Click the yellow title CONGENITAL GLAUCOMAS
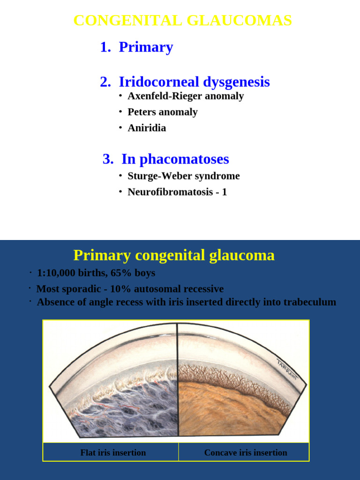pyautogui.click(x=183, y=21)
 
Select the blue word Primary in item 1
pyautogui.click(x=146, y=47)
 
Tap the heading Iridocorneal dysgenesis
pyautogui.click(x=194, y=82)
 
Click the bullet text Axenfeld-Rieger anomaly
pyautogui.click(x=186, y=96)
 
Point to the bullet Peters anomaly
pyautogui.click(x=163, y=112)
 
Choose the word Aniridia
pyautogui.click(x=147, y=128)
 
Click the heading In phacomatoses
pyautogui.click(x=175, y=159)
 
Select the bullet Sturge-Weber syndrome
pyautogui.click(x=183, y=176)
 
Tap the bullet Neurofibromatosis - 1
pyautogui.click(x=177, y=192)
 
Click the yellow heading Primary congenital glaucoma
pyautogui.click(x=174, y=255)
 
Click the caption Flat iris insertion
pyautogui.click(x=113, y=453)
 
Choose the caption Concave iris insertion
pyautogui.click(x=246, y=453)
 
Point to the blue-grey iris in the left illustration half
pyautogui.click(x=127, y=412)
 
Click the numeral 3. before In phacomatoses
pyautogui.click(x=108, y=159)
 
